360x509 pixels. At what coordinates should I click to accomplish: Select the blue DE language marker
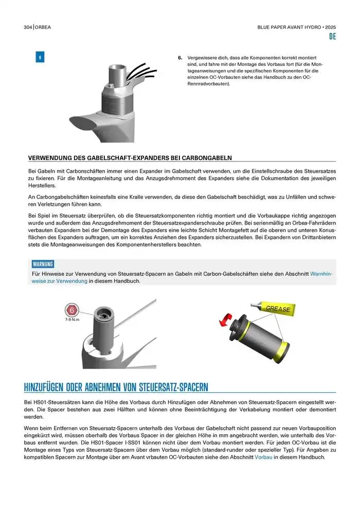[332, 37]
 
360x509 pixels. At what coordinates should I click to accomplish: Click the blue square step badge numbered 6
[40, 57]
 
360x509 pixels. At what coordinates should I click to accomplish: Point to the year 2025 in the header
[330, 27]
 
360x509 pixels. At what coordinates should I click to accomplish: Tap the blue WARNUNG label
[43, 264]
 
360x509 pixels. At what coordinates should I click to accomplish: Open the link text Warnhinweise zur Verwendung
[321, 274]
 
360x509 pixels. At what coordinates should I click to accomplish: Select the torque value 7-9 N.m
[73, 320]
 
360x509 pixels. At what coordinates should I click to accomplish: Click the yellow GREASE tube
[277, 308]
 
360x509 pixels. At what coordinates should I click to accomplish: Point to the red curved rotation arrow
[225, 321]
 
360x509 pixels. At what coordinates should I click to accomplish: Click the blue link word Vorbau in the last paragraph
[263, 457]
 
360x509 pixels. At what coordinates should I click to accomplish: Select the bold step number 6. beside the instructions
[180, 58]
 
